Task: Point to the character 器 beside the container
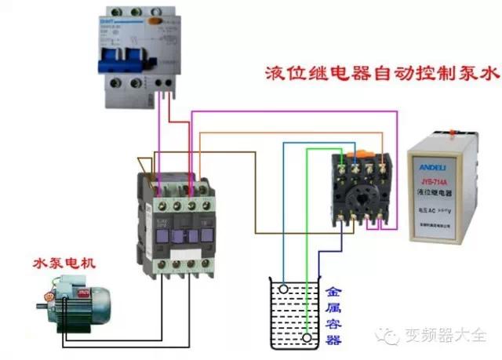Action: [x=333, y=339]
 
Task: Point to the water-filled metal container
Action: [x=294, y=314]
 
